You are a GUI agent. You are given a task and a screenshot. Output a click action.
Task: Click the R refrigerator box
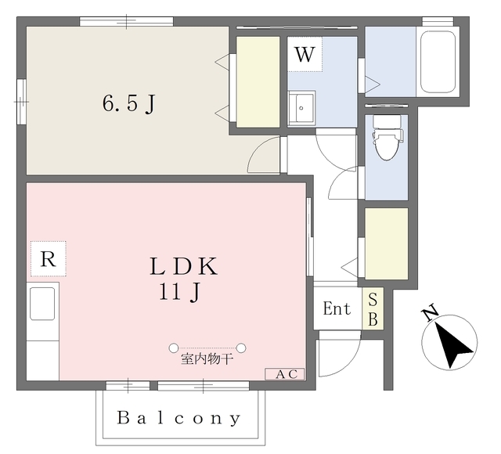click(49, 260)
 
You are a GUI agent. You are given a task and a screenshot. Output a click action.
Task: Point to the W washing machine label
click(305, 55)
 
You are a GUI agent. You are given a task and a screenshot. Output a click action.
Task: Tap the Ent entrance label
click(337, 309)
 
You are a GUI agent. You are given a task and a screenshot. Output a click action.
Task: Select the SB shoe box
click(373, 309)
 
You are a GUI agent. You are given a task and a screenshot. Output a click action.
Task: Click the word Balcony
click(179, 418)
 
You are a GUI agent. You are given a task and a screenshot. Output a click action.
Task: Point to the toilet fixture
click(385, 141)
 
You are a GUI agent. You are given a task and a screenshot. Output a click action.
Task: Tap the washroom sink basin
click(301, 106)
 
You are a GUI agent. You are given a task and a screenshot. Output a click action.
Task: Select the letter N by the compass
click(429, 315)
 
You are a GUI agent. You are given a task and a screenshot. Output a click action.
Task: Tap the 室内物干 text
click(207, 361)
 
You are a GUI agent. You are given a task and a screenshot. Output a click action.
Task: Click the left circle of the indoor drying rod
click(173, 348)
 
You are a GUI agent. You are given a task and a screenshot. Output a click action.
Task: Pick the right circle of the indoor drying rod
click(242, 348)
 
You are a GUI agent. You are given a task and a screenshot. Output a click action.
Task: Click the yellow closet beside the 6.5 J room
click(258, 82)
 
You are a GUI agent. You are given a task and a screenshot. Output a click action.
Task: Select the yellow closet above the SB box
click(387, 243)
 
